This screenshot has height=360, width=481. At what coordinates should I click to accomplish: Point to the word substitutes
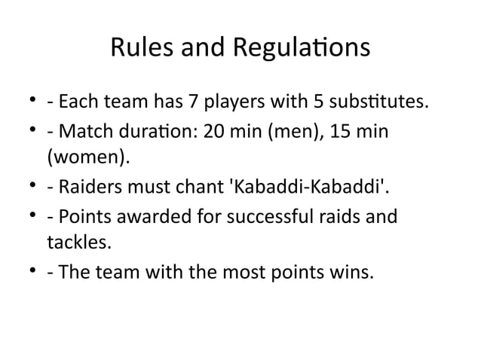pyautogui.click(x=375, y=101)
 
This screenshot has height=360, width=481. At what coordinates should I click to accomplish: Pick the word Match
pyautogui.click(x=83, y=131)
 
